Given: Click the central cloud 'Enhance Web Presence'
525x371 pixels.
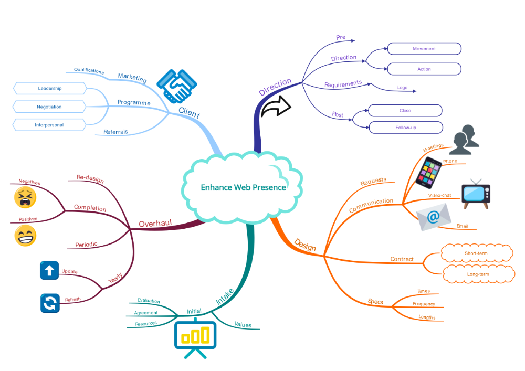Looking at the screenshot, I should [243, 187].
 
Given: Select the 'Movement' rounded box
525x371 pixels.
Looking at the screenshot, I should [424, 49].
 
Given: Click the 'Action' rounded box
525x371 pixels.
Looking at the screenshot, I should [424, 69].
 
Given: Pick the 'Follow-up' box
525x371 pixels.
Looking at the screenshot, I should [405, 128].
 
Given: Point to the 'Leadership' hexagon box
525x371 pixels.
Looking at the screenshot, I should [49, 88].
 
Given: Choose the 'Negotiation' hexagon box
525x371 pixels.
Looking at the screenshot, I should [49, 107].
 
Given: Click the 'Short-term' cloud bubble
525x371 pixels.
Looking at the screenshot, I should [476, 253].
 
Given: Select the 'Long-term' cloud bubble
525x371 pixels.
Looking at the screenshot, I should [478, 274].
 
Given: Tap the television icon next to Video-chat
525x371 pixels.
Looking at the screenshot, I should [476, 192].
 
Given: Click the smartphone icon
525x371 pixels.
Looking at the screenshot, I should [429, 173].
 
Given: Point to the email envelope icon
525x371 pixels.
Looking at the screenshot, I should [434, 217].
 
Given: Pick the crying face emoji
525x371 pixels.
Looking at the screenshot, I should [25, 198].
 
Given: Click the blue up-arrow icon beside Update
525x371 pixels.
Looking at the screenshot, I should [49, 271].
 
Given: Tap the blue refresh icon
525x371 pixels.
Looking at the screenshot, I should [49, 303].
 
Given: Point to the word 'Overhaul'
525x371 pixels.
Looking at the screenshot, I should [155, 224].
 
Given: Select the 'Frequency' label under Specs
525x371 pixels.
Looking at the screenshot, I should [424, 304].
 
